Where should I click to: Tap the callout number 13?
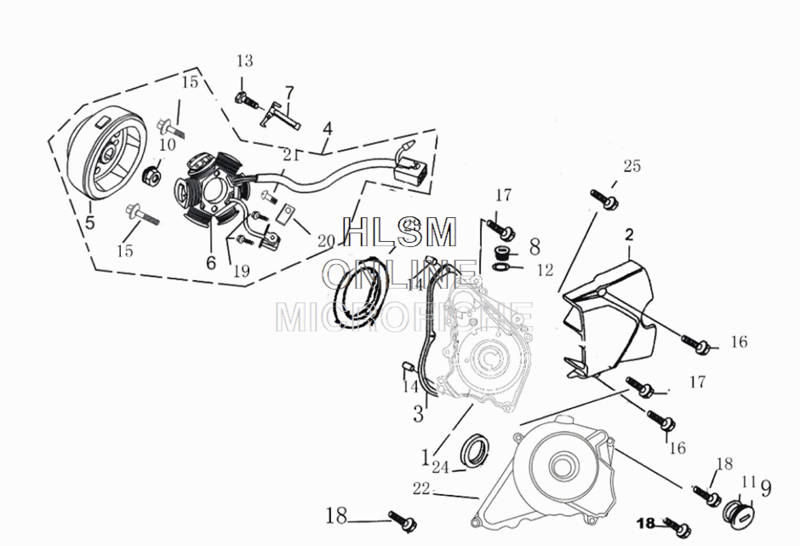pos(245,61)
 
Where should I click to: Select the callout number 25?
pos(632,166)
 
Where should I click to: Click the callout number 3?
pos(418,413)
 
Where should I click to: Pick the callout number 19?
pos(241,271)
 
